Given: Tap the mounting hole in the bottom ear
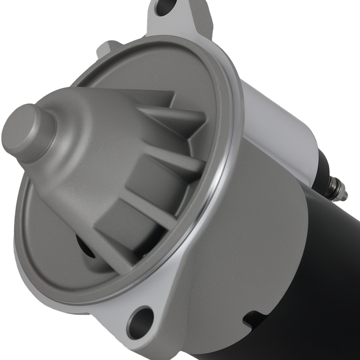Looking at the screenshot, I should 140,322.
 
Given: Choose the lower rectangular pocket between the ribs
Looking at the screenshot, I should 119,220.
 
